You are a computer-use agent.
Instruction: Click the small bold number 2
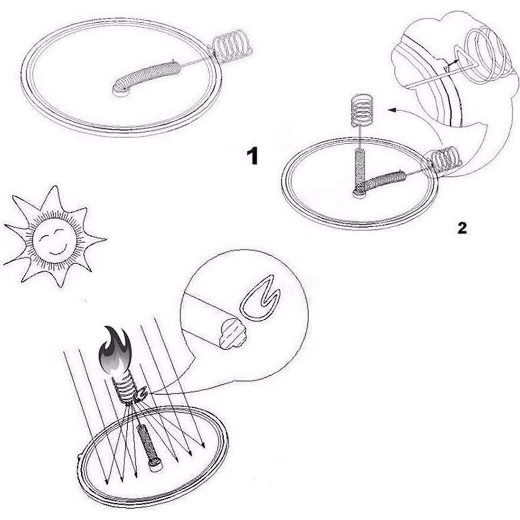(x=461, y=228)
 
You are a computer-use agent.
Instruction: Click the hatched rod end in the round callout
(x=233, y=332)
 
